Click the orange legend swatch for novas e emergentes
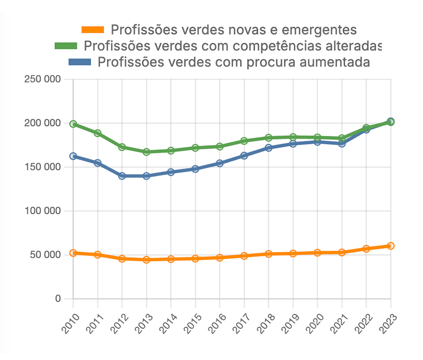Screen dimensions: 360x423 pos(93,30)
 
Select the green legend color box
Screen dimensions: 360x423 pos(66,46)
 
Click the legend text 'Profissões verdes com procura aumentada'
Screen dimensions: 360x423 pos(234,62)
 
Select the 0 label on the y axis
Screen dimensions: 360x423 pos(58,299)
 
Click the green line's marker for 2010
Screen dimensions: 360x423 pos(73,124)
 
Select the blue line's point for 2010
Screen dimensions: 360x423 pos(73,156)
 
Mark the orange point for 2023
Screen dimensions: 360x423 pos(391,246)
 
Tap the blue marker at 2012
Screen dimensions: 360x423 pos(122,176)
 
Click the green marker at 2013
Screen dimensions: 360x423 pos(146,152)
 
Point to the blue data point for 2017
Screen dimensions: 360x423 pos(244,156)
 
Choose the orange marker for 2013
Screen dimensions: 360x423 pos(146,260)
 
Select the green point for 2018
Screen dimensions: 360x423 pos(268,138)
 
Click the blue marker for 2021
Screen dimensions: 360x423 pos(342,144)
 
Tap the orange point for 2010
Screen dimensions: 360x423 pos(73,253)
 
